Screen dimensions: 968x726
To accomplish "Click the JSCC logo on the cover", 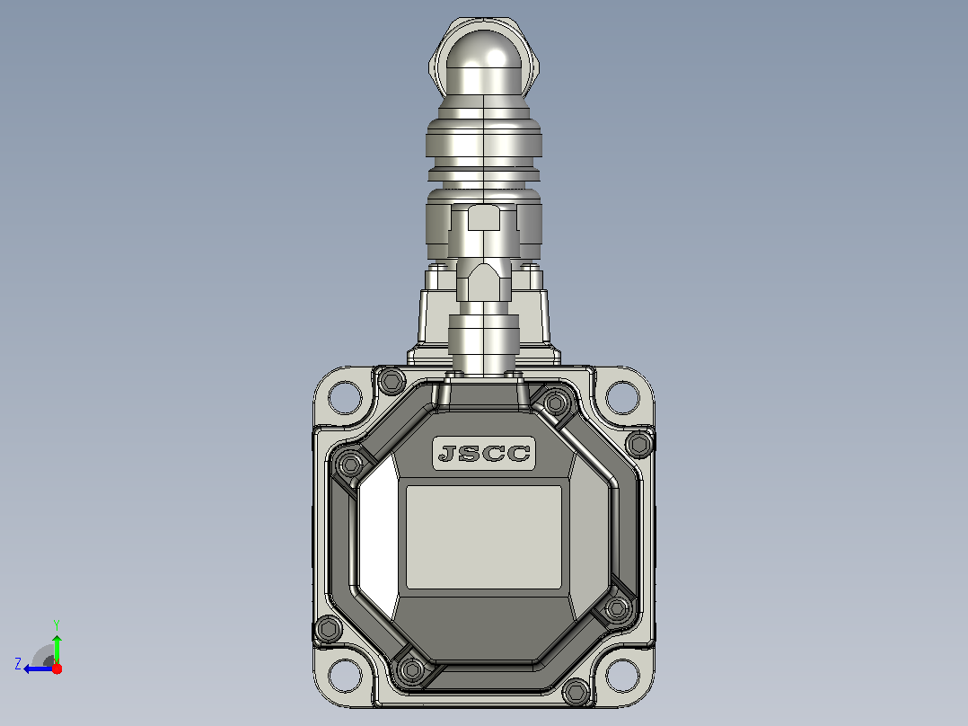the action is pyautogui.click(x=483, y=454).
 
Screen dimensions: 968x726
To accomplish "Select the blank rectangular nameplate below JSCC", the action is pyautogui.click(x=483, y=537).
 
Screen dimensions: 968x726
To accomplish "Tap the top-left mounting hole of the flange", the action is pyautogui.click(x=345, y=396).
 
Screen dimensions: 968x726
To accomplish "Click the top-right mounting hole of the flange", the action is pyautogui.click(x=622, y=396).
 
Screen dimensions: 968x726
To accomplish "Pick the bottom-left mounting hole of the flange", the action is pyautogui.click(x=345, y=676).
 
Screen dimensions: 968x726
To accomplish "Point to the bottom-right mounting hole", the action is pyautogui.click(x=622, y=676).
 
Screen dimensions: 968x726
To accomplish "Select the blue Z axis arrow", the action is pyautogui.click(x=39, y=668).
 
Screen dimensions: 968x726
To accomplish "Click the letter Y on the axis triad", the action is pyautogui.click(x=57, y=624).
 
